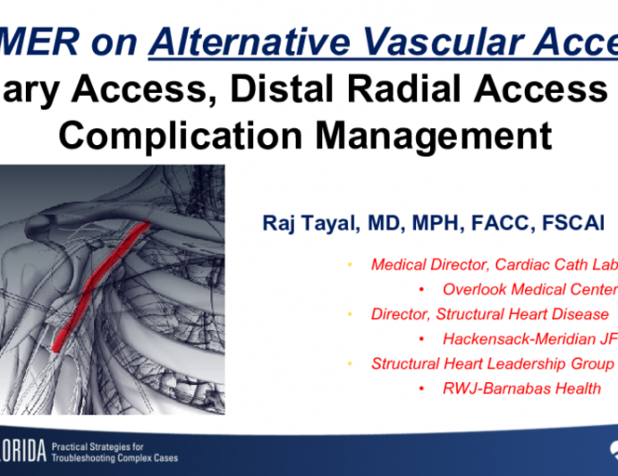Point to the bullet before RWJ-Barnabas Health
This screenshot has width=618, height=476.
(x=421, y=388)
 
